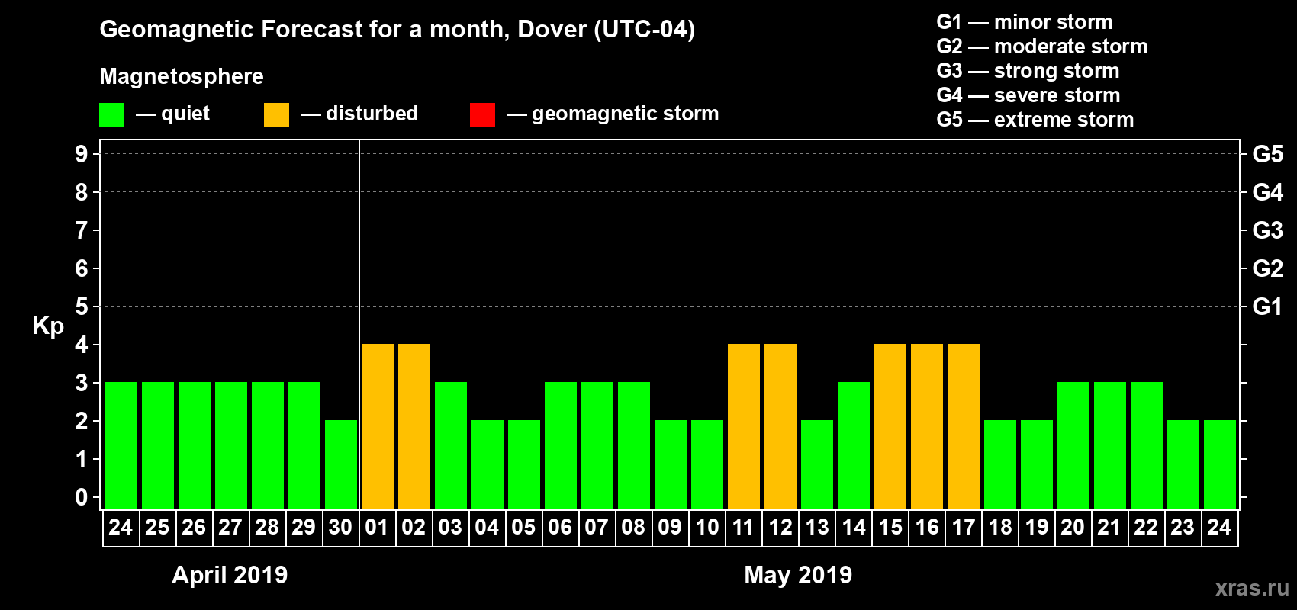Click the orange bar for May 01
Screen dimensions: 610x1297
(378, 426)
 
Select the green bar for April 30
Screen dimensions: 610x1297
(341, 464)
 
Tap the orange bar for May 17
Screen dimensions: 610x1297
(964, 426)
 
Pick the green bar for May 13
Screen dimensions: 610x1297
(817, 464)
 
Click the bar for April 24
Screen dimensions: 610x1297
(121, 445)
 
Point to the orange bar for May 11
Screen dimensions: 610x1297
(744, 426)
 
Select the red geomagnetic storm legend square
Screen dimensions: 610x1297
(482, 115)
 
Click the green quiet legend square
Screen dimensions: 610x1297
(112, 115)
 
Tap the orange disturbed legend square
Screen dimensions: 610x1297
(276, 115)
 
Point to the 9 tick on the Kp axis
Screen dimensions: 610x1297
(82, 154)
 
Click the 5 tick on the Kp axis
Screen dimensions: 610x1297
(82, 307)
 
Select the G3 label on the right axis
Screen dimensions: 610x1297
(1267, 230)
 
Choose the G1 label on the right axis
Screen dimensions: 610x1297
(1267, 307)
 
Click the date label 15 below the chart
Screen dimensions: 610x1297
(890, 527)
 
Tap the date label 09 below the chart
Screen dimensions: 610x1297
(670, 527)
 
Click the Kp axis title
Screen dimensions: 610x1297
(48, 326)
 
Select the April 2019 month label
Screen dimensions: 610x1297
(230, 575)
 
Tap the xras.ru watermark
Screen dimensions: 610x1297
(1252, 588)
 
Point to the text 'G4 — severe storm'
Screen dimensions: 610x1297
(1028, 95)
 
